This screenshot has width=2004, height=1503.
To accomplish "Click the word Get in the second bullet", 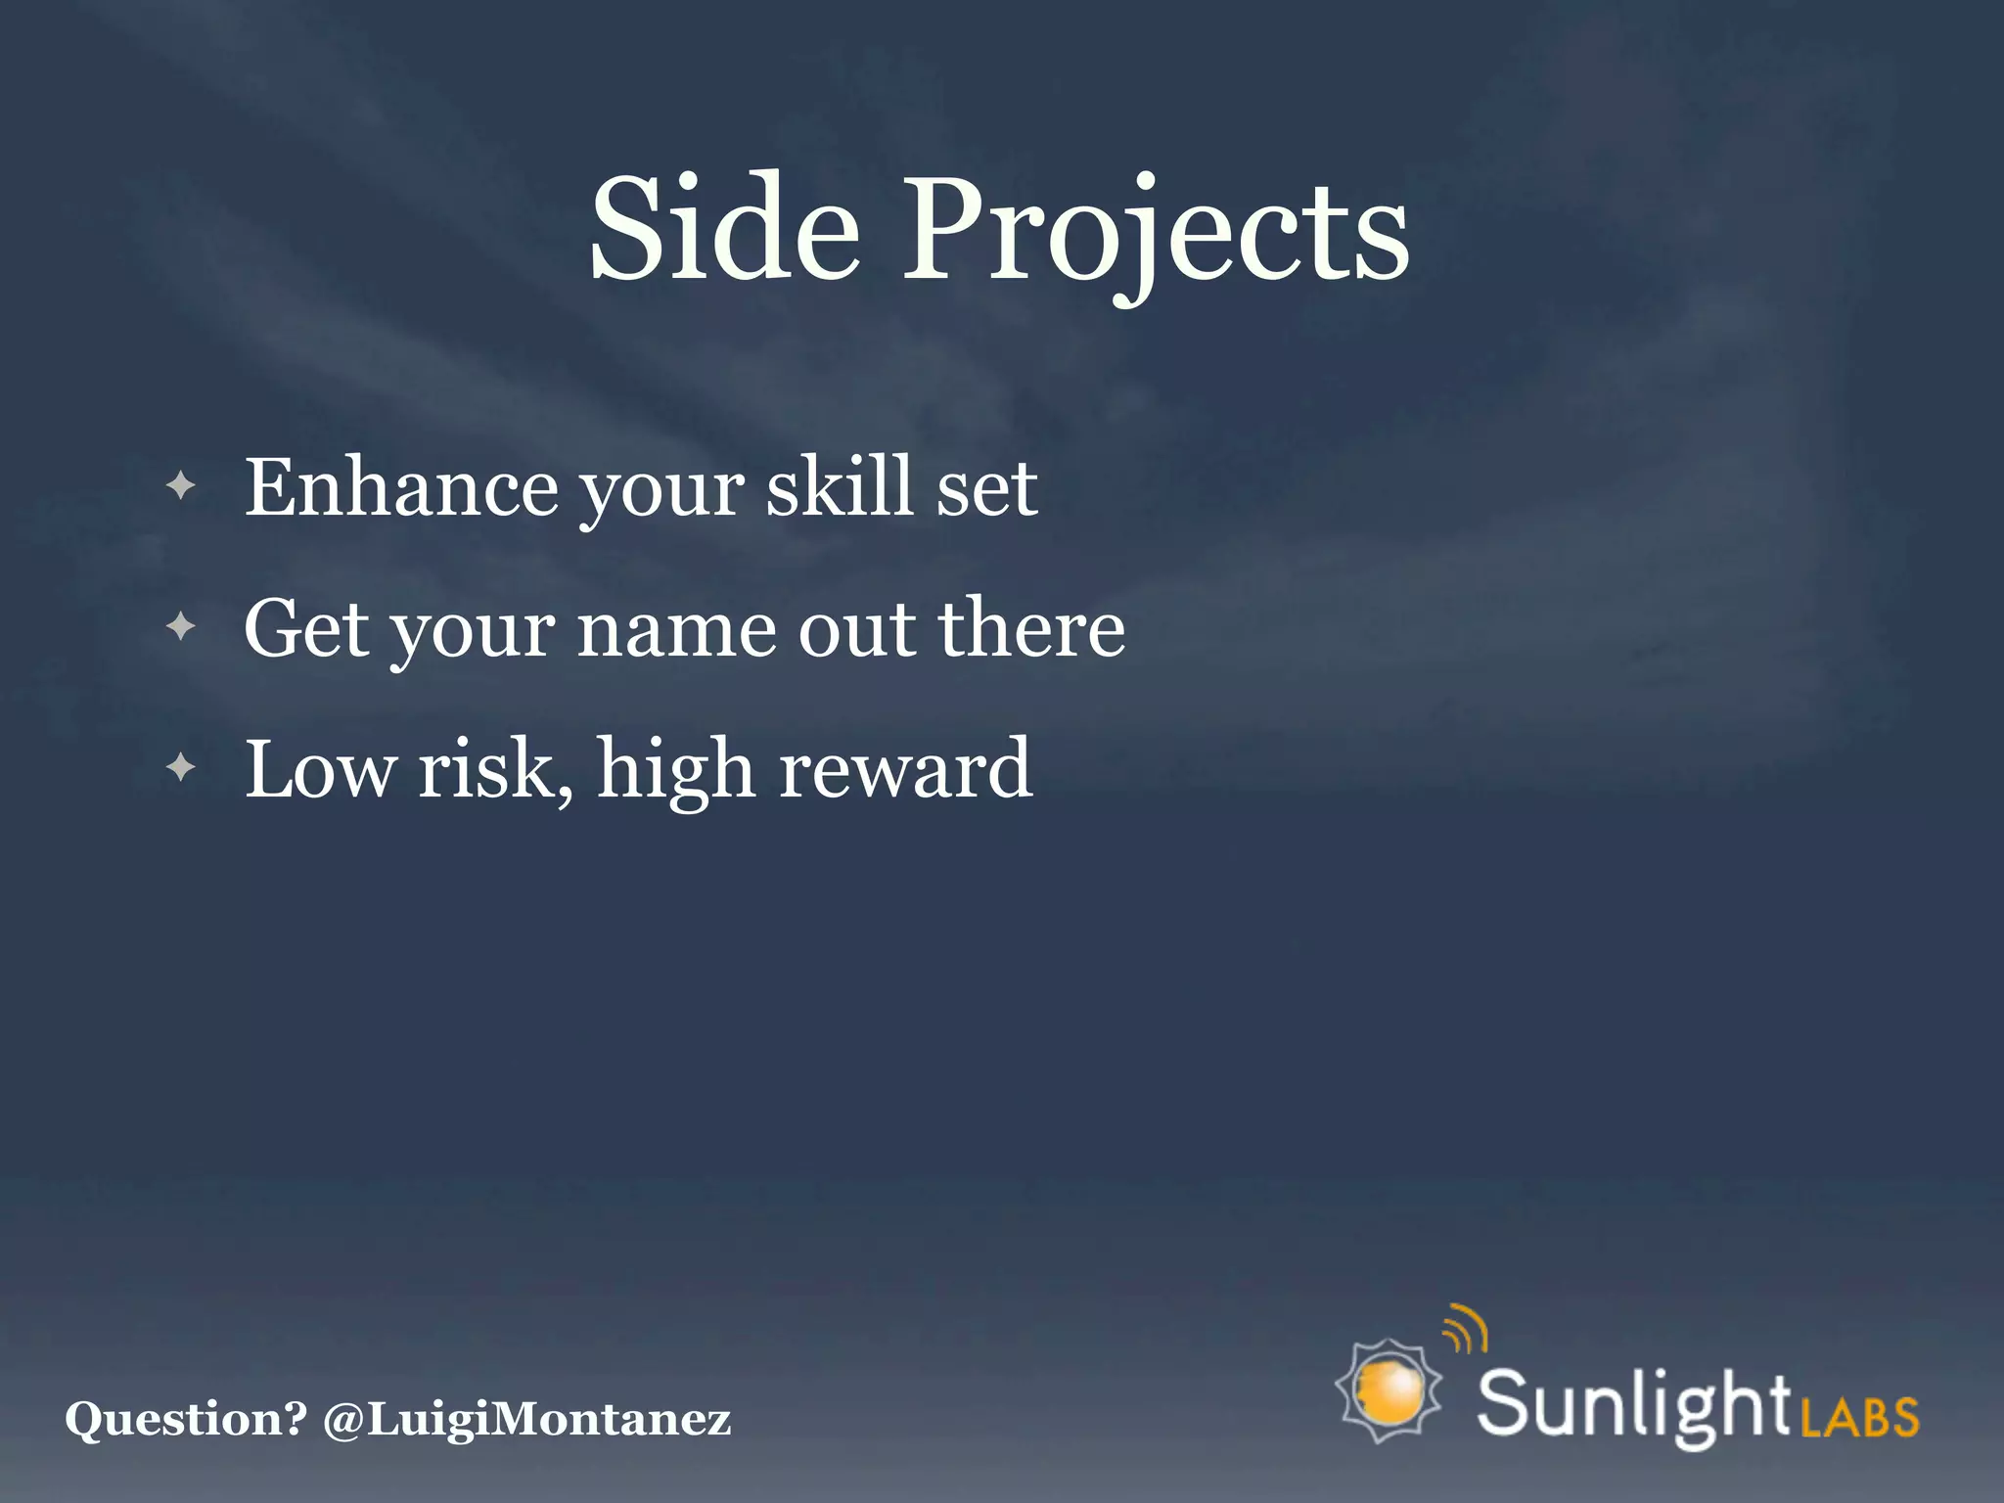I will [x=306, y=628].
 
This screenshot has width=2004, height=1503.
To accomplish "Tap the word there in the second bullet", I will [x=1031, y=628].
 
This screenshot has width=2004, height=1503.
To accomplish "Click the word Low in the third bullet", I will [x=320, y=770].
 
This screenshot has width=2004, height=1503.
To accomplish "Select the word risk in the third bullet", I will [x=493, y=770].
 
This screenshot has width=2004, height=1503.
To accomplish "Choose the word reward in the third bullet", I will [x=905, y=770].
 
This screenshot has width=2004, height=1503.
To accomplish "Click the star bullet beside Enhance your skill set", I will [x=181, y=485].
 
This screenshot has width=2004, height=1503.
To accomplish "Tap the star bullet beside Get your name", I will [x=181, y=626].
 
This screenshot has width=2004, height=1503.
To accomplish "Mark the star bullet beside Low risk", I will [x=181, y=768].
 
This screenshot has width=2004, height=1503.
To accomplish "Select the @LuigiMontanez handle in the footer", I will [x=526, y=1420].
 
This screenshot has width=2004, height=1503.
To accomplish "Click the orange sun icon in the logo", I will [x=1389, y=1390].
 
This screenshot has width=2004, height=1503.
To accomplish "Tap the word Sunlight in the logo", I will [x=1633, y=1405].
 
